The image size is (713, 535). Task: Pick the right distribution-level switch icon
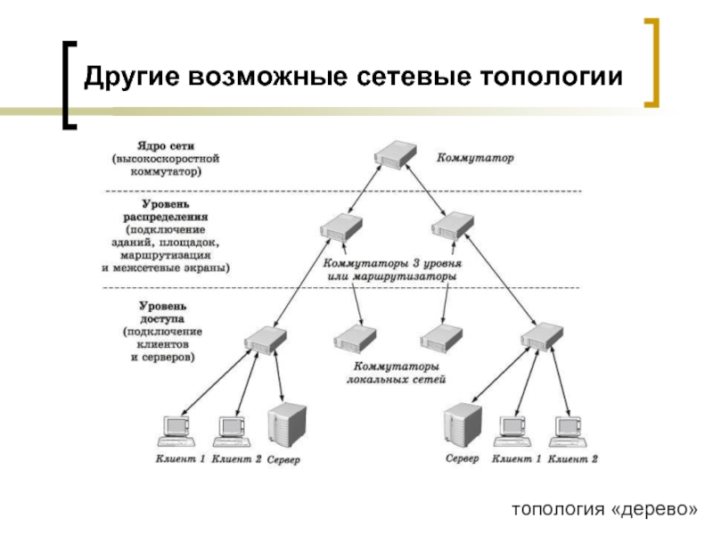pyautogui.click(x=454, y=225)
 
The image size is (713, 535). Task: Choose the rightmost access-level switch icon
pyautogui.click(x=541, y=337)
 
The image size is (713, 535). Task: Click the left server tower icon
pyautogui.click(x=287, y=425)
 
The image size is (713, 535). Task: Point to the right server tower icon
pyautogui.click(x=463, y=425)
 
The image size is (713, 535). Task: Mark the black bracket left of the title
pyautogui.click(x=70, y=85)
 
